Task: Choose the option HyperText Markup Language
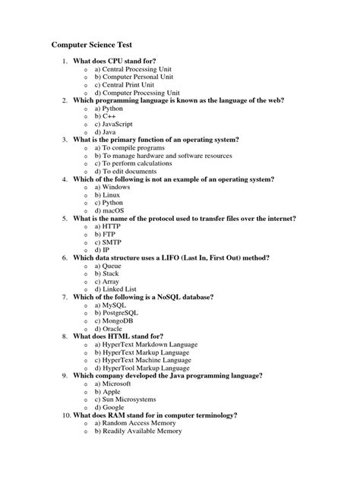click(146, 352)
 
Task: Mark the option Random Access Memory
click(137, 423)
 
